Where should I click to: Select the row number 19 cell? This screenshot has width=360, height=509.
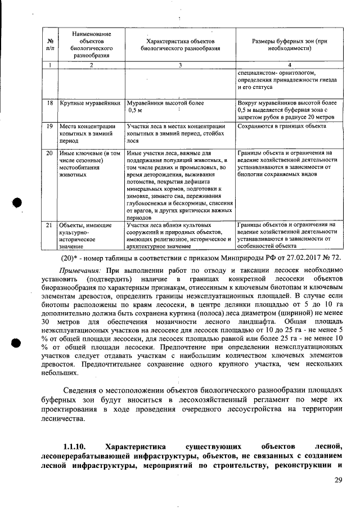[49, 127]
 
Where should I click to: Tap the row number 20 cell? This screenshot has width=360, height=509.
[49, 152]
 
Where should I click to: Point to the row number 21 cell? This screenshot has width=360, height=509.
[49, 225]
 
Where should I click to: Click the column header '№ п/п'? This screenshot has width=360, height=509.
[49, 45]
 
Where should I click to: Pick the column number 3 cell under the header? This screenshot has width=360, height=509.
[180, 66]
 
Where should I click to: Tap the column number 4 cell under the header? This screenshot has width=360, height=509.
[289, 66]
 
